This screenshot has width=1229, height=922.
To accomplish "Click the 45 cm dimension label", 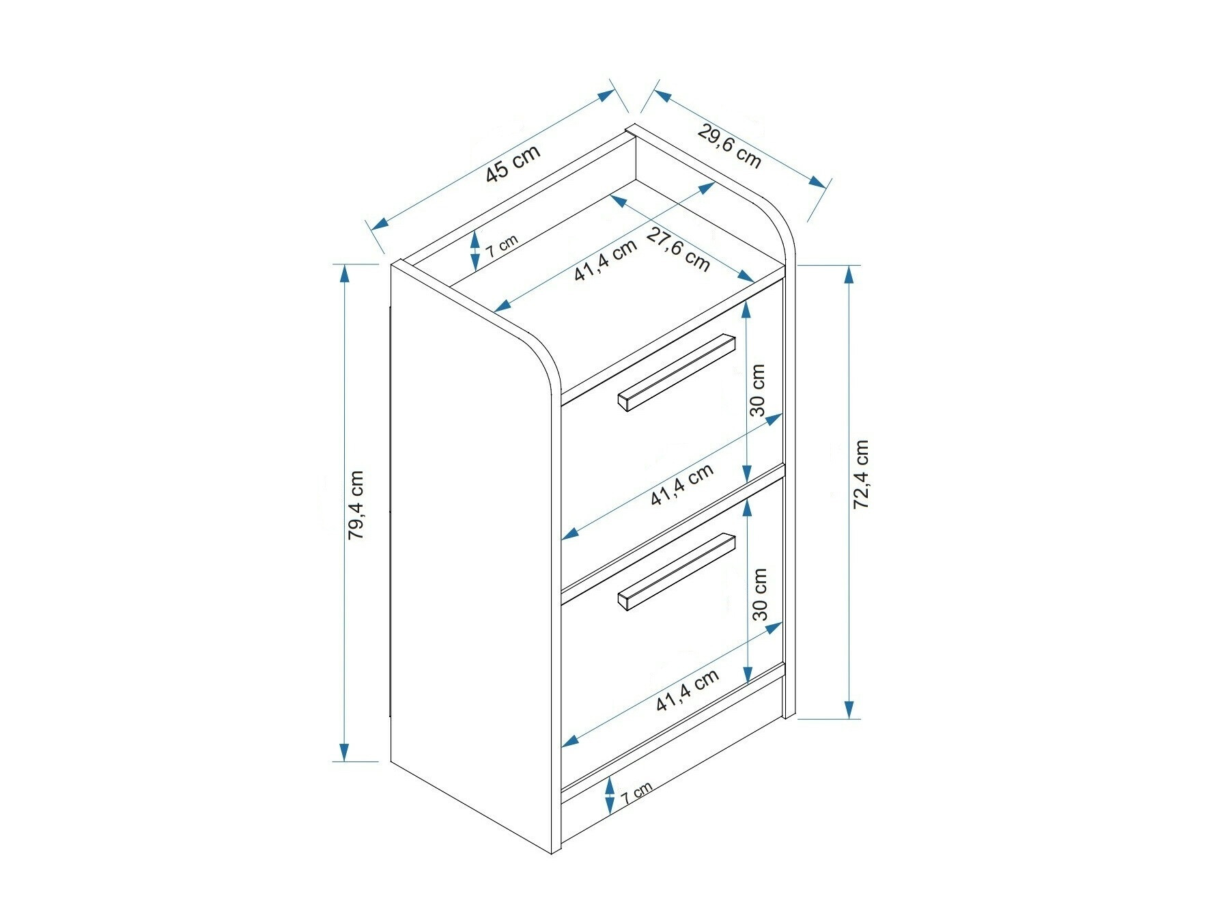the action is point(513,163).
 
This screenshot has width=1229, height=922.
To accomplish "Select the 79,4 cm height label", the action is point(356,505).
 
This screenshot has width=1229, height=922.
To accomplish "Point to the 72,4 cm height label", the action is point(861,474).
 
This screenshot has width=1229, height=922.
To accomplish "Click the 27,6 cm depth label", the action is point(677,249).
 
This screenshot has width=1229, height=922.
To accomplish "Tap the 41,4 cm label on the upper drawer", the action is point(682,484).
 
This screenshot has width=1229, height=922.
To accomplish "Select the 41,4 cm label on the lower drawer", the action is point(688,690).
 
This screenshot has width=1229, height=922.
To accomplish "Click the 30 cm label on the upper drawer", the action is point(758,390).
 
